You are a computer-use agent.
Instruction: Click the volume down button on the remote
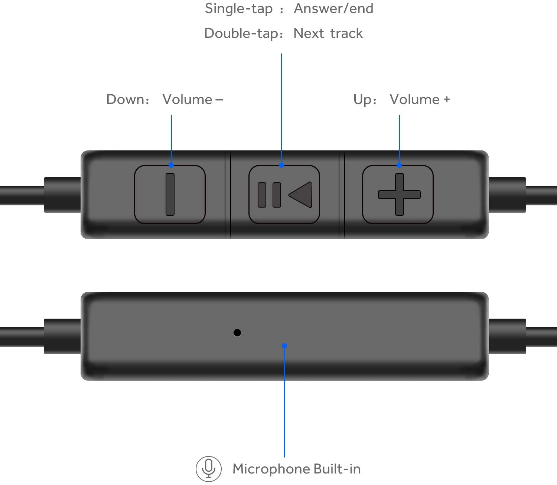pyautogui.click(x=170, y=195)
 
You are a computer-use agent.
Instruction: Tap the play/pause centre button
pyautogui.click(x=284, y=195)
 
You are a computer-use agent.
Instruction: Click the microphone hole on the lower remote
pyautogui.click(x=237, y=333)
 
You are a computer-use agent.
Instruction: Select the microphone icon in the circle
pyautogui.click(x=209, y=469)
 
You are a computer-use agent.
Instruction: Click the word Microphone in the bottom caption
pyautogui.click(x=271, y=469)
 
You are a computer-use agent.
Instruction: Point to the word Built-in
pyautogui.click(x=337, y=469)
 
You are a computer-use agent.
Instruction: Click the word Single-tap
pyautogui.click(x=239, y=9)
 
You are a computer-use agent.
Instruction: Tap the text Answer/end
pyautogui.click(x=333, y=9)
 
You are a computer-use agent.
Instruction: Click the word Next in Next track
pyautogui.click(x=309, y=33)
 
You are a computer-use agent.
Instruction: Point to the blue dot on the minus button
pyautogui.click(x=171, y=165)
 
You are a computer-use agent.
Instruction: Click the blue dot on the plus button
pyautogui.click(x=399, y=165)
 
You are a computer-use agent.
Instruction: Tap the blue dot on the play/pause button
pyautogui.click(x=281, y=165)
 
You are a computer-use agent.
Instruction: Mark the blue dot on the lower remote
pyautogui.click(x=284, y=346)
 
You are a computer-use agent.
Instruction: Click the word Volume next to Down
pyautogui.click(x=187, y=100)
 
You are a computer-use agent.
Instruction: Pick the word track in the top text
pyautogui.click(x=346, y=33)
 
